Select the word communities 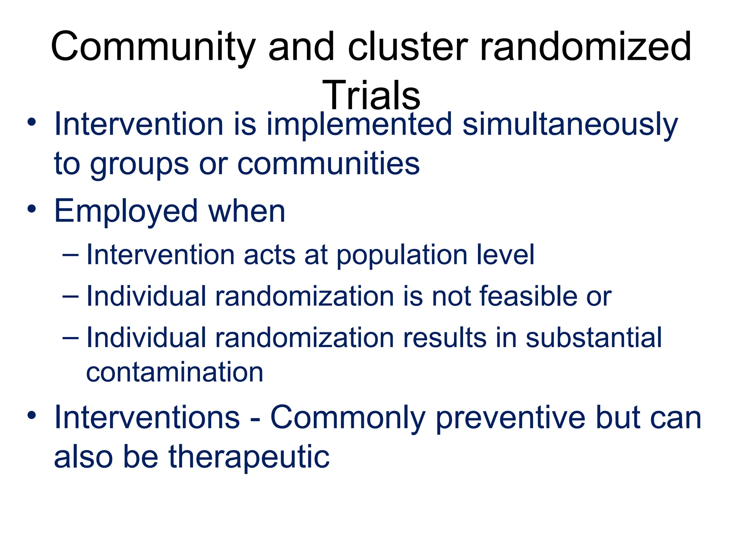click(x=328, y=164)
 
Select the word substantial click(x=593, y=338)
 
